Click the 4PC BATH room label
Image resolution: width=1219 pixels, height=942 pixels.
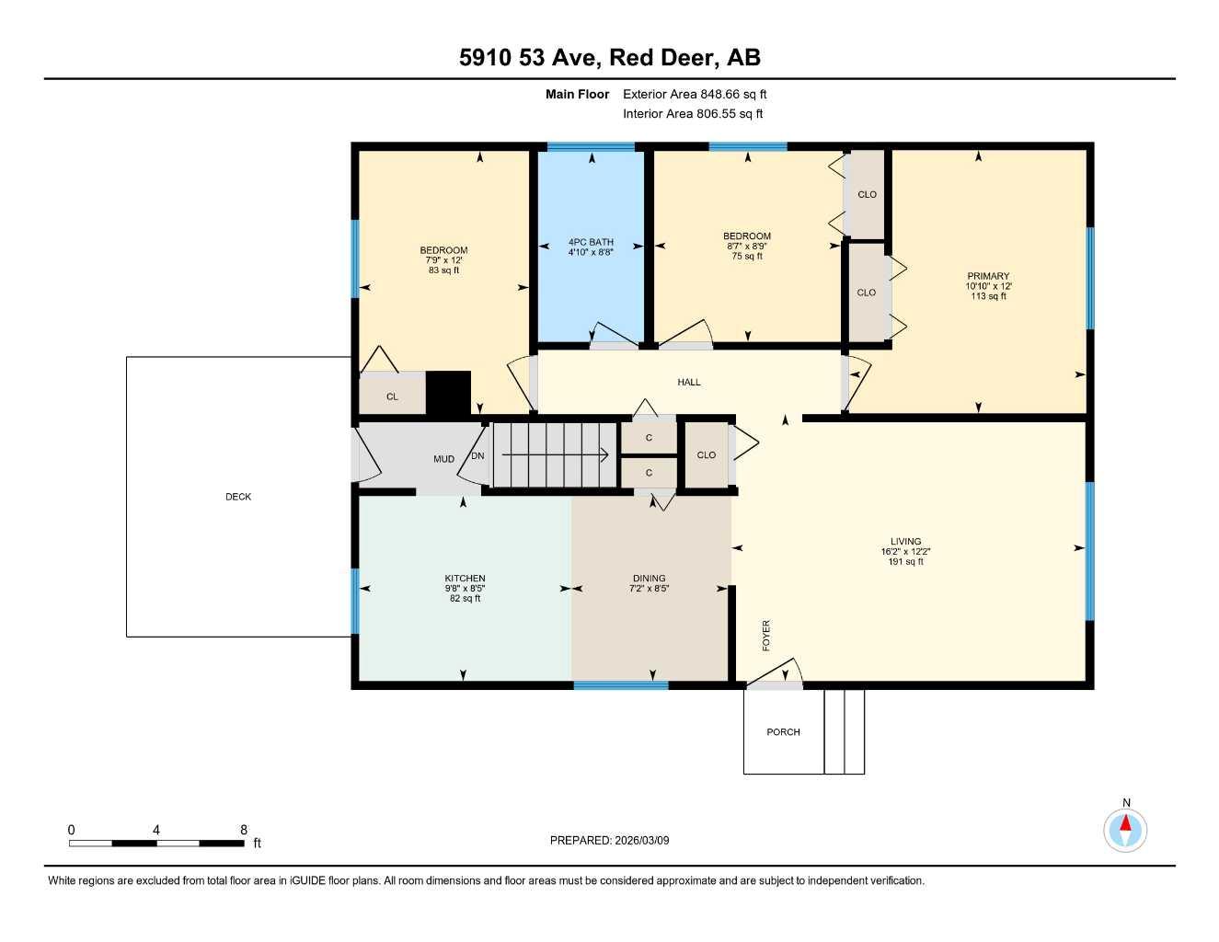pyautogui.click(x=590, y=242)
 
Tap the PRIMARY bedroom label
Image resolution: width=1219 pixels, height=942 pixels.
pyautogui.click(x=988, y=276)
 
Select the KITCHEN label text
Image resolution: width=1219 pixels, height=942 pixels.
pyautogui.click(x=465, y=579)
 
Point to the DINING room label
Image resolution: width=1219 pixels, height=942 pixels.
pyautogui.click(x=649, y=579)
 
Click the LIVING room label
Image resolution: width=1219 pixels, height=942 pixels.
pyautogui.click(x=905, y=542)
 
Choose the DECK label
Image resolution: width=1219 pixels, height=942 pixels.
pyautogui.click(x=238, y=497)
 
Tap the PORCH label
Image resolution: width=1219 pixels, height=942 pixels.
pyautogui.click(x=783, y=732)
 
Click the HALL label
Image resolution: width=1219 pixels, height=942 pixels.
pyautogui.click(x=689, y=382)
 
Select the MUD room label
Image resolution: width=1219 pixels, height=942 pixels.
pyautogui.click(x=443, y=459)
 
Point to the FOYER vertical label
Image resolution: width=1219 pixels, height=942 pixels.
pyautogui.click(x=766, y=636)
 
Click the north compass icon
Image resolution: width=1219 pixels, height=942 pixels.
pyautogui.click(x=1125, y=830)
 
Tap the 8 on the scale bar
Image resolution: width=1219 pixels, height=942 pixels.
pyautogui.click(x=244, y=830)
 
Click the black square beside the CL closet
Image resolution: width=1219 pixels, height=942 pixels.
pyautogui.click(x=448, y=393)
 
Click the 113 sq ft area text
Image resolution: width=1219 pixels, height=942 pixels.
pyautogui.click(x=988, y=296)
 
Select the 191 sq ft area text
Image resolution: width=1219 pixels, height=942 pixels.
pyautogui.click(x=905, y=562)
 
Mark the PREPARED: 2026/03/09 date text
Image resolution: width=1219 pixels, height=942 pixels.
pyautogui.click(x=609, y=840)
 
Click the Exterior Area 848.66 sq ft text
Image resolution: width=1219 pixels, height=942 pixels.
pyautogui.click(x=695, y=94)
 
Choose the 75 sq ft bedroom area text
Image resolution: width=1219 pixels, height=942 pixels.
pyautogui.click(x=747, y=257)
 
